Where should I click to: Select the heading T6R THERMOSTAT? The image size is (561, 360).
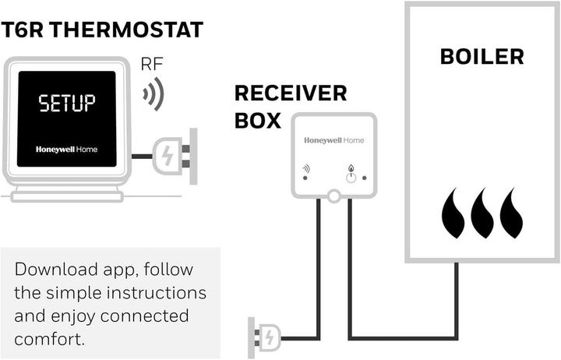coord(102,30)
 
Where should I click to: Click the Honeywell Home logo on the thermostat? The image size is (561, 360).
coord(67,149)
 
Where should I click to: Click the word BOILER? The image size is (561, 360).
coord(482,57)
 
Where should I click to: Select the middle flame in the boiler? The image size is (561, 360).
coord(482,214)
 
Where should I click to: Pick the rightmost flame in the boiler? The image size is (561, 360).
coord(511,214)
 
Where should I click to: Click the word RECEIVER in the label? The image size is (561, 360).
coord(291,94)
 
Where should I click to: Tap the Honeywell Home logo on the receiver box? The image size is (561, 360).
coord(334,141)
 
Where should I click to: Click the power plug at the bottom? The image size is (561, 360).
coord(263,337)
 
